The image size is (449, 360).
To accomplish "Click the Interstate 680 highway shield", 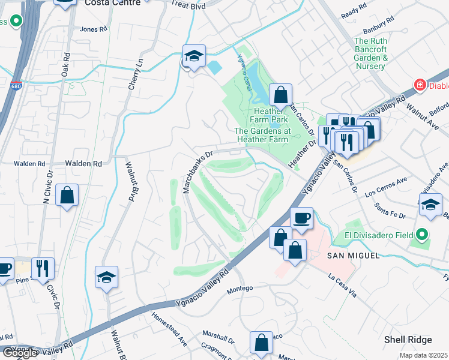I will [16, 86].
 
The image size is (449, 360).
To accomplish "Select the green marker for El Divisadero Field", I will [421, 235].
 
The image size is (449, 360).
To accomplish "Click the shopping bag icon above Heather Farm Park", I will [280, 94].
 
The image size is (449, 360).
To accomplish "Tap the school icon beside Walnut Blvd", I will [106, 278].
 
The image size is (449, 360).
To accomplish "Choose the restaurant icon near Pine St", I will [43, 268].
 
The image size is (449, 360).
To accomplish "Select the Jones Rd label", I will [92, 29].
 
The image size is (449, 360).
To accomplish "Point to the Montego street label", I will [240, 290].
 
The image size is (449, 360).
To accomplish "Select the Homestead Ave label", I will [169, 328].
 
